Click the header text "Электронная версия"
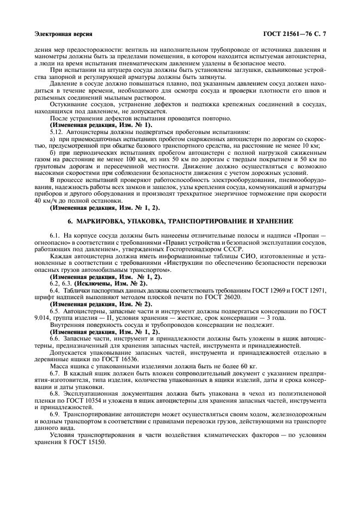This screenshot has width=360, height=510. [x=63, y=34]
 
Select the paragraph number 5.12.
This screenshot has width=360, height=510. [x=57, y=131]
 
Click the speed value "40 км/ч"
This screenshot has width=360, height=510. [x=44, y=201]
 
